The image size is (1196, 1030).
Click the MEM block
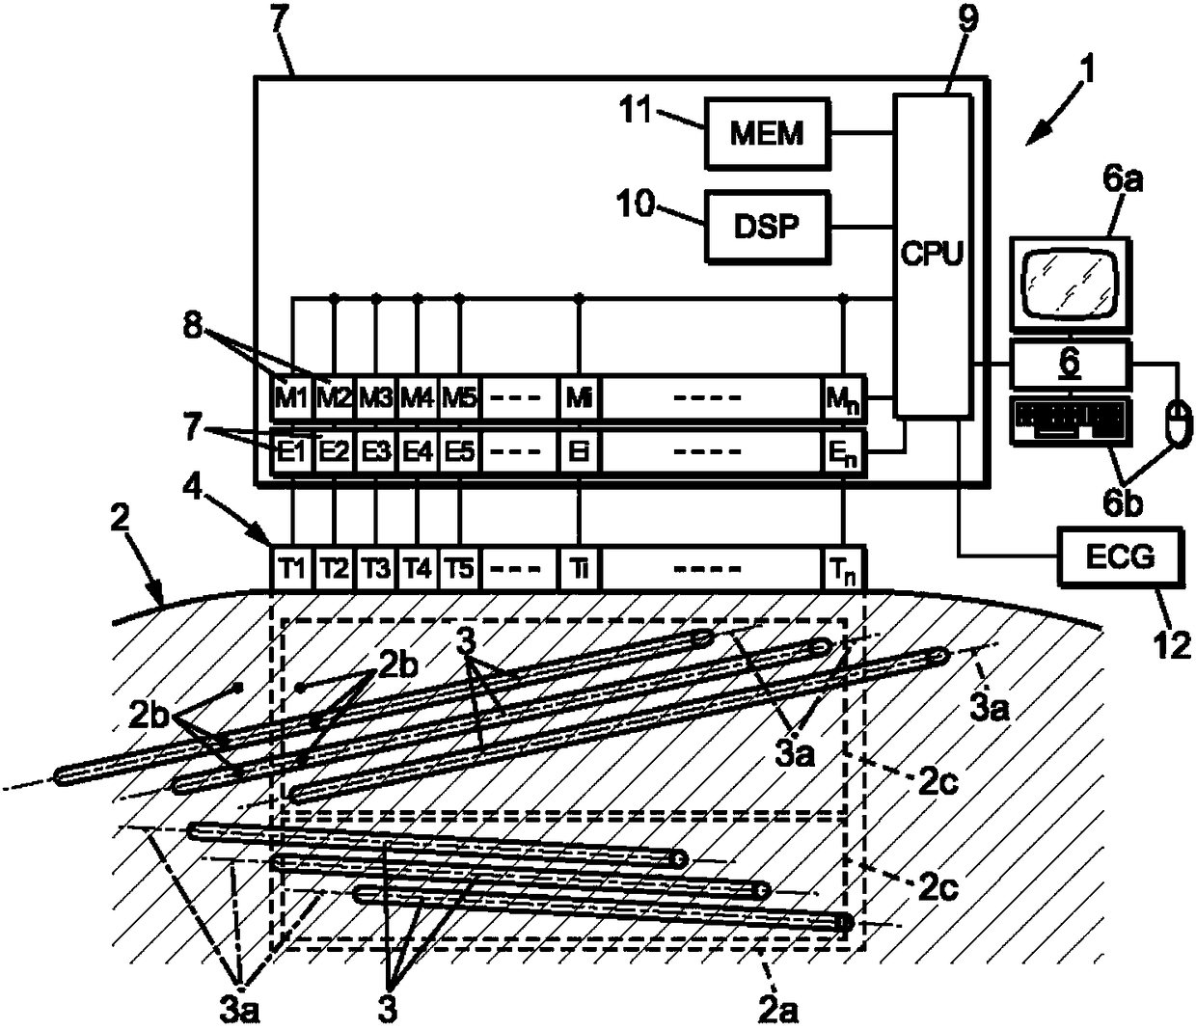(x=767, y=133)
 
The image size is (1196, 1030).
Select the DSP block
(x=767, y=227)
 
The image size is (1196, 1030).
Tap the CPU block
(x=933, y=255)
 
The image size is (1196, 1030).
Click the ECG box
(x=1120, y=556)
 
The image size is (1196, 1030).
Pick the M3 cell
(x=376, y=397)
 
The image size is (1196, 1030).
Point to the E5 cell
(x=459, y=450)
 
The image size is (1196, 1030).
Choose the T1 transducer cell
(x=292, y=569)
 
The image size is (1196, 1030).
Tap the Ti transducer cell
(x=580, y=569)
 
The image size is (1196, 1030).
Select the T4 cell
(x=418, y=569)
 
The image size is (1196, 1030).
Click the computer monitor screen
(x=1071, y=284)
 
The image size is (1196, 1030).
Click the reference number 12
(x=1173, y=644)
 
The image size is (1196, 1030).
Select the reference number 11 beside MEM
(x=637, y=110)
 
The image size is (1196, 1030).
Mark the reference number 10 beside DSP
(x=635, y=203)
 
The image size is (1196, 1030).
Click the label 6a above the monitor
(x=1123, y=180)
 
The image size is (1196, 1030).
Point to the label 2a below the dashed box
(x=778, y=1011)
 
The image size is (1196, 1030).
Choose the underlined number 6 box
(x=1071, y=364)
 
